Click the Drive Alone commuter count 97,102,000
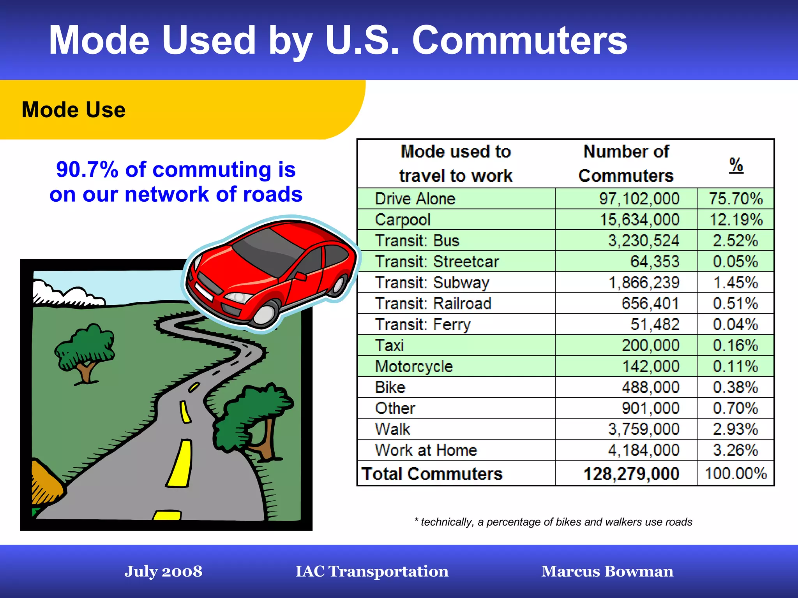pyautogui.click(x=639, y=199)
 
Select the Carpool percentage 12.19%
pyautogui.click(x=735, y=220)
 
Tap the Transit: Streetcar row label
pyautogui.click(x=436, y=262)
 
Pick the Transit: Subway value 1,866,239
pyautogui.click(x=644, y=283)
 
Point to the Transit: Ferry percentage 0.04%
pyautogui.click(x=735, y=324)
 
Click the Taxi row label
pyautogui.click(x=389, y=345)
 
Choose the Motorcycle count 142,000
pyautogui.click(x=650, y=366)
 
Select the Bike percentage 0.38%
pyautogui.click(x=735, y=387)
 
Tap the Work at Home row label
pyautogui.click(x=426, y=450)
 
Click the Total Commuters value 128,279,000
pyautogui.click(x=631, y=474)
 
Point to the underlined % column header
pyautogui.click(x=736, y=165)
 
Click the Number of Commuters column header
pyautogui.click(x=626, y=164)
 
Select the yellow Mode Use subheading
pyautogui.click(x=74, y=110)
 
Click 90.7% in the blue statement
pyautogui.click(x=87, y=170)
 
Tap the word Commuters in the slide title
pyautogui.click(x=519, y=40)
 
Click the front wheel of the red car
pyautogui.click(x=265, y=314)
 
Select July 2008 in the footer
pyautogui.click(x=163, y=571)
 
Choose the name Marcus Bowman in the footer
pyautogui.click(x=607, y=571)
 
